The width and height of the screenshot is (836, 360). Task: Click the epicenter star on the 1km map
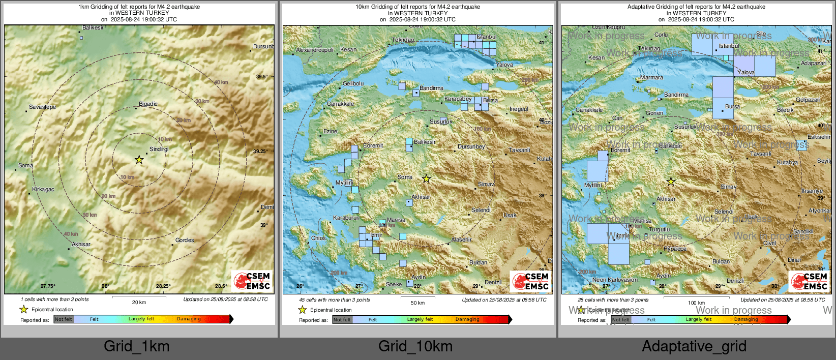139,160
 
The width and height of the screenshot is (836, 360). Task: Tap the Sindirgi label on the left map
159,149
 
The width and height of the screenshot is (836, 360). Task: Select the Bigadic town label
148,104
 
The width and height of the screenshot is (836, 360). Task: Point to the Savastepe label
42,107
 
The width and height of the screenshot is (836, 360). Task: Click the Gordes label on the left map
185,240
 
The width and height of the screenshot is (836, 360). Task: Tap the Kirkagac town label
43,189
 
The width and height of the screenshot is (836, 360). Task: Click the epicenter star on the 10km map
426,179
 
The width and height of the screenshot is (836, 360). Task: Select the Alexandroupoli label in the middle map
315,50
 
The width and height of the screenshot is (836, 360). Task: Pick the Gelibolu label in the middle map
353,83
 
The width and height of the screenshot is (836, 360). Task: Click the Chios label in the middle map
318,238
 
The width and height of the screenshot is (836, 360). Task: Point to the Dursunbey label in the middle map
471,146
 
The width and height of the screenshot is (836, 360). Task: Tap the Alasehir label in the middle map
461,239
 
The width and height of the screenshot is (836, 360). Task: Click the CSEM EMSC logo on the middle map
530,281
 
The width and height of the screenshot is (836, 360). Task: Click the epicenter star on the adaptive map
671,182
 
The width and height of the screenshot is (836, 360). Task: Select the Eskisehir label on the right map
819,137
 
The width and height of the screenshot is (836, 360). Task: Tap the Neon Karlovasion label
615,280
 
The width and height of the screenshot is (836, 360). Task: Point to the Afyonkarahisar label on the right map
820,211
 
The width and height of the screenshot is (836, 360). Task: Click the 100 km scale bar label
696,303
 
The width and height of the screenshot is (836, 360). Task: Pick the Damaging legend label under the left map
189,319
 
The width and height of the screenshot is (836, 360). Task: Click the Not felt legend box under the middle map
342,319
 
